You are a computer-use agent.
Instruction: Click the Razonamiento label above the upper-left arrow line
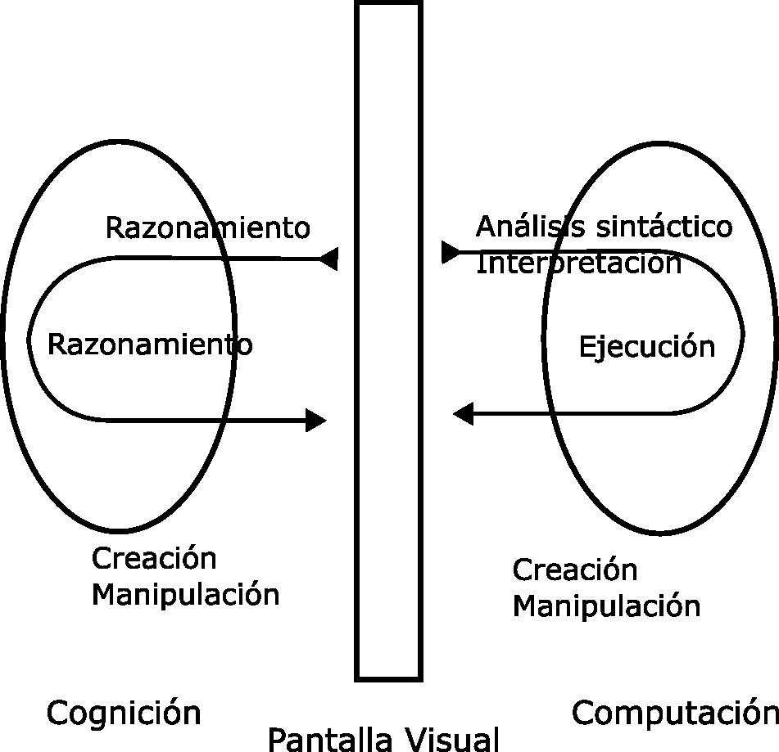[x=208, y=227]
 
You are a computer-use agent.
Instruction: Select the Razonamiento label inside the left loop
[x=150, y=344]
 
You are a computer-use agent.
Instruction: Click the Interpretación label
[x=578, y=263]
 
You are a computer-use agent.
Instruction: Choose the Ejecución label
[x=647, y=346]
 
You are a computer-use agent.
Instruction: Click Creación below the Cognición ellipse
[x=154, y=559]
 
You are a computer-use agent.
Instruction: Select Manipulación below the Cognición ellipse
[x=185, y=594]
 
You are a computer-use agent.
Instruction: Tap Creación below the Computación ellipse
[x=574, y=570]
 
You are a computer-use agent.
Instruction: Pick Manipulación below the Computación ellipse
[x=606, y=606]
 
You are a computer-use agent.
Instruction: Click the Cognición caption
[x=124, y=713]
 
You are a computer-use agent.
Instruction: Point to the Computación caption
[x=675, y=713]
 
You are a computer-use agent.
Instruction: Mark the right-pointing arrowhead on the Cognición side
[x=315, y=421]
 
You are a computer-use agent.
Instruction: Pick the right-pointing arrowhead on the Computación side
[x=451, y=252]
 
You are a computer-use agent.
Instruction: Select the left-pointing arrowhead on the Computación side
[x=464, y=414]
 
